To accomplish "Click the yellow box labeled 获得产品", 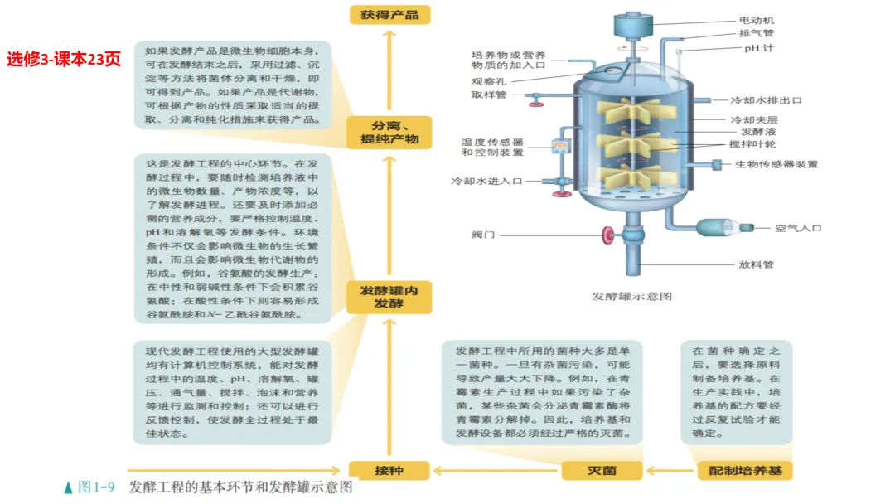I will (389, 14).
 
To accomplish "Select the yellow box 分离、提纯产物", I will (389, 133).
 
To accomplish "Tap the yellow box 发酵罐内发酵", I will (389, 297).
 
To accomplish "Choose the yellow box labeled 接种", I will (389, 470).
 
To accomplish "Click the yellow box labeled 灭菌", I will (602, 470).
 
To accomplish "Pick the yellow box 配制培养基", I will (745, 470).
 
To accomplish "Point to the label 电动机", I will (757, 20).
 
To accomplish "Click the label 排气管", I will (756, 34).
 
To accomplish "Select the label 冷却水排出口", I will (766, 100).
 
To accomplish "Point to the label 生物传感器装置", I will (776, 164).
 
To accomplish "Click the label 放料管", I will (756, 265).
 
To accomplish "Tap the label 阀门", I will (484, 235).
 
